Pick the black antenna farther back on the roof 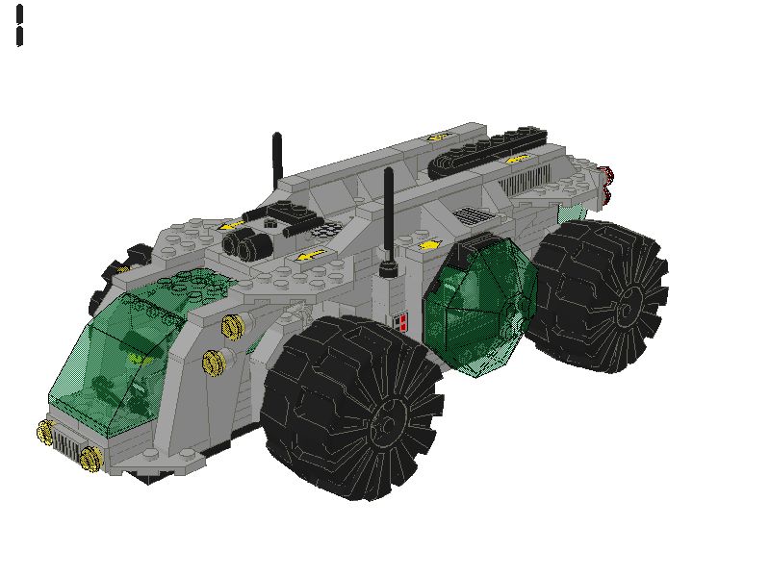coord(277,159)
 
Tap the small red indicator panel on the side coord(402,322)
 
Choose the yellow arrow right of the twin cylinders coord(309,256)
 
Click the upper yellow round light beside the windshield coord(231,327)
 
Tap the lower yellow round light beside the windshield coord(214,361)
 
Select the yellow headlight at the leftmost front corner coord(44,431)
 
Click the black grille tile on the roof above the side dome coord(472,215)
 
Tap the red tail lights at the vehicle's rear coord(607,185)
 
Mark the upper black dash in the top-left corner coord(19,14)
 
